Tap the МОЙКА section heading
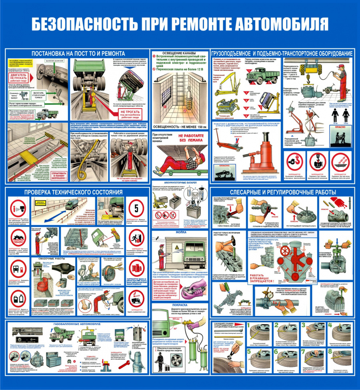tap(178, 233)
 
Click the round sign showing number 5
tap(136, 208)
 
